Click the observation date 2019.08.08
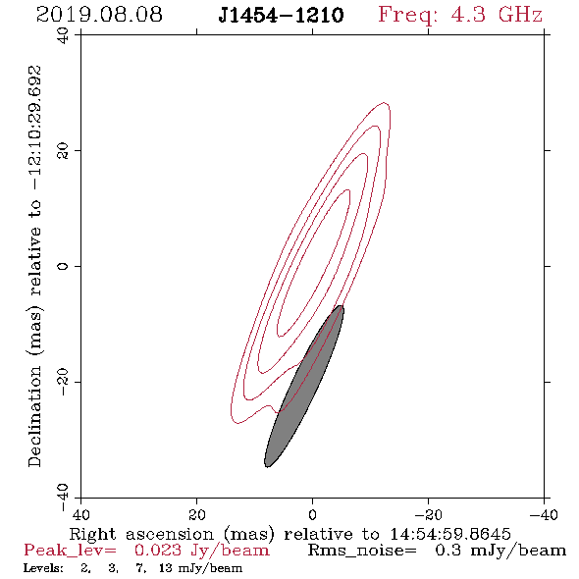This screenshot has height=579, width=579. point(99,15)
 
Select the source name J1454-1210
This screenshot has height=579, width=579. point(281,15)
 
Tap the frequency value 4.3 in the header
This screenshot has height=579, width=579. point(468,15)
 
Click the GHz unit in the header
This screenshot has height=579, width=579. point(520,15)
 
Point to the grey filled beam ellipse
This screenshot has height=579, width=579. point(304,387)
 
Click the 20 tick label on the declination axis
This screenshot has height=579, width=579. point(63,151)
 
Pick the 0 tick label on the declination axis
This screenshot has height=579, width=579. point(63,266)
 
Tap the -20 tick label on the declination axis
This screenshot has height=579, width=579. point(63,382)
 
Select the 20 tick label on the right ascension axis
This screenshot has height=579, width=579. point(196,515)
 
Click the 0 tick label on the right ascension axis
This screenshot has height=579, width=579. point(312,515)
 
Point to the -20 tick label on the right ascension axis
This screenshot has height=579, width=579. point(428,515)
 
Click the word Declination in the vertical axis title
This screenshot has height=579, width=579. point(34,417)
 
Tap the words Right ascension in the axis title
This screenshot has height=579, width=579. point(141,534)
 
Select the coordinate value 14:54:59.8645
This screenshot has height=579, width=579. point(450,534)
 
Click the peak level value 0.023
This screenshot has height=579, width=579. point(158,551)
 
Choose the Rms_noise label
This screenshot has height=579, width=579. point(362,551)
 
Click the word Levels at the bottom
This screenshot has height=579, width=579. point(43,568)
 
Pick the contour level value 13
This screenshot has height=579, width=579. point(166,568)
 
